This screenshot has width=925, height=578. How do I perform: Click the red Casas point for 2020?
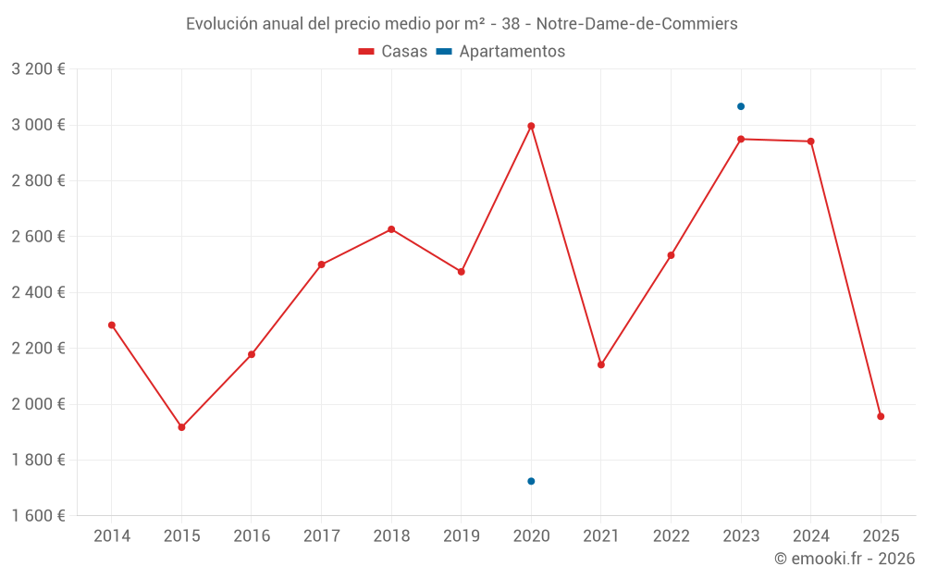pos(531,126)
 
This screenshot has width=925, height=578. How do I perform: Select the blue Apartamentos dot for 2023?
pos(741,106)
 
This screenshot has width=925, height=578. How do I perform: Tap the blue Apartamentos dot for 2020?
pos(531,481)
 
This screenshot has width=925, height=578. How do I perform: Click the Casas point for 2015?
pos(181,427)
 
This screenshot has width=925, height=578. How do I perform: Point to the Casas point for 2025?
pos(881,416)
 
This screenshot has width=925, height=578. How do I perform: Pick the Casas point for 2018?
pos(391,229)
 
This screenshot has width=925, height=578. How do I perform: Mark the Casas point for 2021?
pos(601,364)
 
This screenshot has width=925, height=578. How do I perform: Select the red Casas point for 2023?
pos(741,139)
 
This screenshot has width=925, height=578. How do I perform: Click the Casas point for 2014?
pos(112,326)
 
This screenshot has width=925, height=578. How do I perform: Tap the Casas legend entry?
pos(393,52)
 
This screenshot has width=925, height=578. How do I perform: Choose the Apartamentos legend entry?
pos(500,52)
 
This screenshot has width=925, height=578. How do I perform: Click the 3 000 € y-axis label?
pos(38,125)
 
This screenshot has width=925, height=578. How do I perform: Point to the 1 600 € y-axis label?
pos(38,516)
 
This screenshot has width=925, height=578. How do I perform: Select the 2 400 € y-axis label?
pos(38,292)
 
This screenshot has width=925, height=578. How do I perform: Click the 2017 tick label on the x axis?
pos(321,536)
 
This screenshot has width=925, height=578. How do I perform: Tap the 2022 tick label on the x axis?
pos(671,536)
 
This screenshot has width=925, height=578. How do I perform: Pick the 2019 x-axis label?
pos(461,536)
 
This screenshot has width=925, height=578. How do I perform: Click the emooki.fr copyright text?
pos(844,559)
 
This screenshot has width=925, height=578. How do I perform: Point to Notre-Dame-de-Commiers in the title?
pos(637,24)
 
